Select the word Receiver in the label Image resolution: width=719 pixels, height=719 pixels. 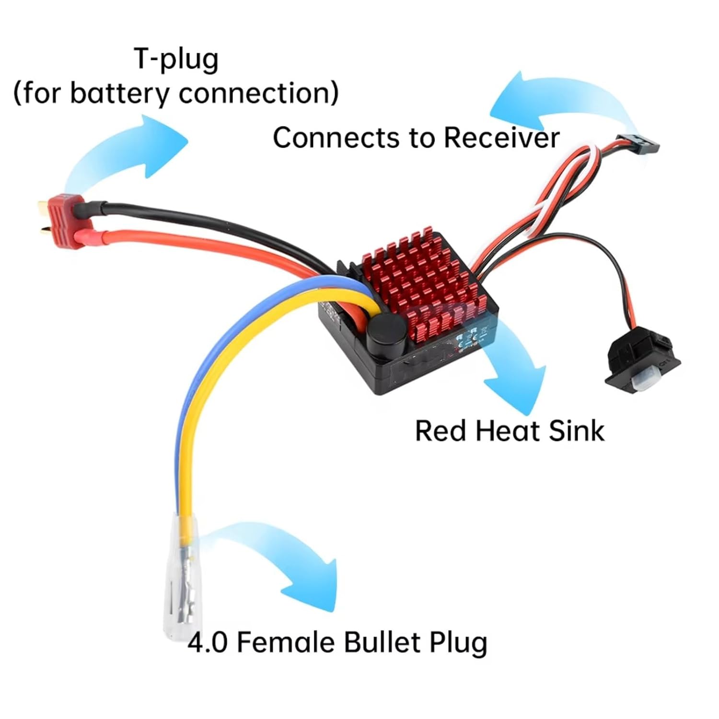click(x=501, y=138)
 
